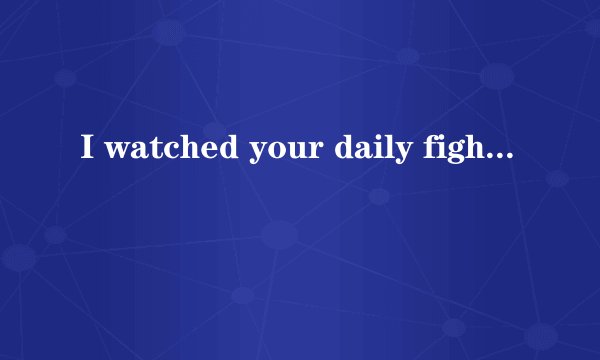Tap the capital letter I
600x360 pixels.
click(x=88, y=151)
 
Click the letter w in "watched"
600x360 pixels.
click(x=117, y=153)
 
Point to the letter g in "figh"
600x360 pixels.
click(x=450, y=155)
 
